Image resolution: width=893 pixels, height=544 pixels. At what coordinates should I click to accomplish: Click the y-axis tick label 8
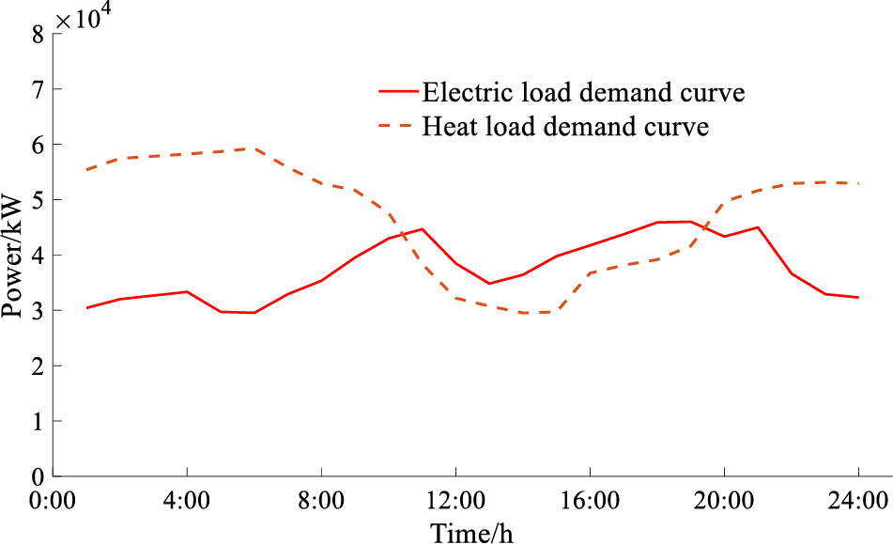click(x=38, y=35)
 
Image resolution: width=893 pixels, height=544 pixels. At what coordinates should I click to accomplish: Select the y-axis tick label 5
click(x=38, y=200)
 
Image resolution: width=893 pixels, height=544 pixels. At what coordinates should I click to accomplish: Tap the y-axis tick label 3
click(x=38, y=311)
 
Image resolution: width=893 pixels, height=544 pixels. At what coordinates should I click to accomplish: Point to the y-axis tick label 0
click(x=38, y=476)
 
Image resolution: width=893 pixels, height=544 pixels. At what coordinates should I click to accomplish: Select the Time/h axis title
click(x=472, y=532)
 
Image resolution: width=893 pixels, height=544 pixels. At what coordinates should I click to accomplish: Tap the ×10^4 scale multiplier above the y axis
click(x=85, y=17)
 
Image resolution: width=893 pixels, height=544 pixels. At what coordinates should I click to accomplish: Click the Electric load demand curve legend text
click(x=584, y=92)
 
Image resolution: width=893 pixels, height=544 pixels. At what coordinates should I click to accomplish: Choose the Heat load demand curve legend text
click(x=565, y=126)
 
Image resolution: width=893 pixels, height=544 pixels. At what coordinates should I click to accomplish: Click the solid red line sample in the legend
click(x=396, y=92)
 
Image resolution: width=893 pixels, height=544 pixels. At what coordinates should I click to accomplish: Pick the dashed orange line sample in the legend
click(x=396, y=126)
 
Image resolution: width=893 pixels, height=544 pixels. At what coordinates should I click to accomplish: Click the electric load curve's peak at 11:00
click(x=423, y=229)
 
